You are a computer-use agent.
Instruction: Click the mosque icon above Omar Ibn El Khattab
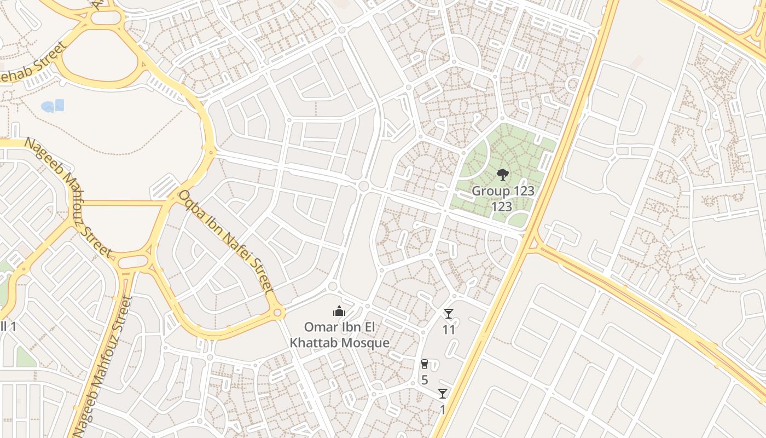(339, 312)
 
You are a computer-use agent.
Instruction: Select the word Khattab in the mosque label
(313, 343)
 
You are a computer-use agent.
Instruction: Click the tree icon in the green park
(502, 175)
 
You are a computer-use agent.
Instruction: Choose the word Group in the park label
(486, 192)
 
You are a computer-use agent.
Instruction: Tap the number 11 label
(449, 330)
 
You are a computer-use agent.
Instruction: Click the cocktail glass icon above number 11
(449, 314)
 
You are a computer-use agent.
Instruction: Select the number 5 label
(425, 380)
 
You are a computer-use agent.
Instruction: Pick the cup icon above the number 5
(425, 364)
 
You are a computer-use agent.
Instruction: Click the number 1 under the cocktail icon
(443, 410)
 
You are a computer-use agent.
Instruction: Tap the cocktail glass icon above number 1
(443, 394)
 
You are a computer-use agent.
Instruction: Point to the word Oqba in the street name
(192, 203)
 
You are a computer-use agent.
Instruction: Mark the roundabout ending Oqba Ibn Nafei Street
(277, 313)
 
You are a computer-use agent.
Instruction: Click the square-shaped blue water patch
(59, 105)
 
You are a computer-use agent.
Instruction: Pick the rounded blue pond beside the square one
(48, 107)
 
